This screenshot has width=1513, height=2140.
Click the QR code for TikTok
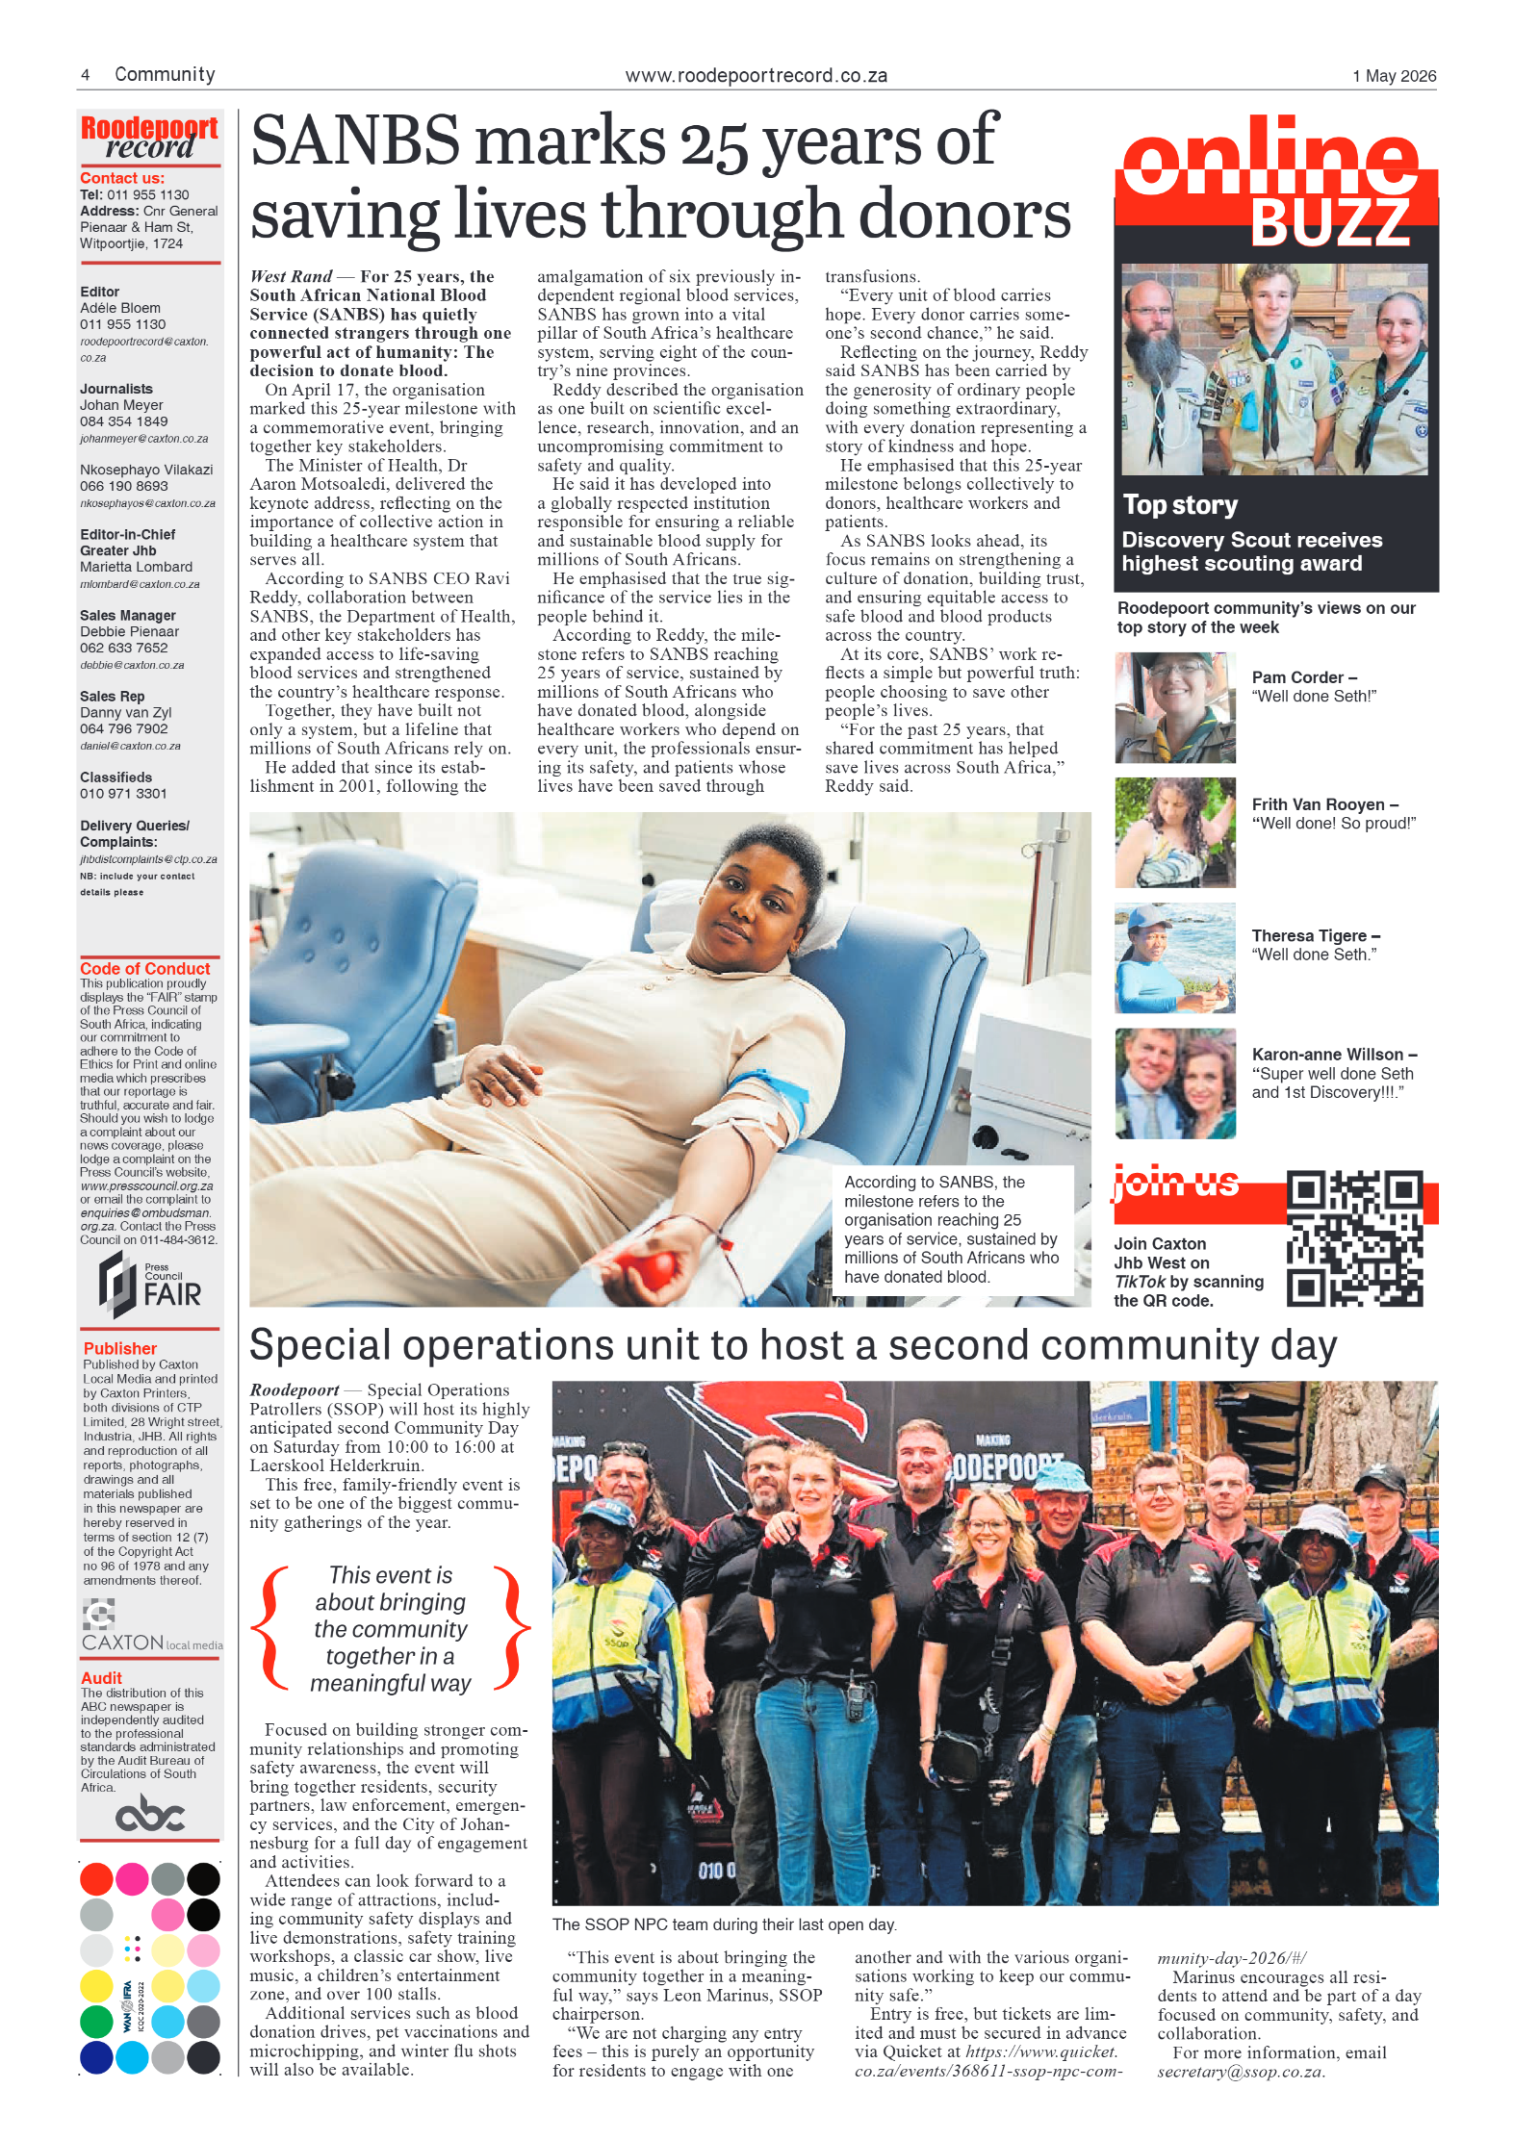tap(1353, 1237)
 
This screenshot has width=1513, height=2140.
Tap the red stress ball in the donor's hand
tap(648, 1269)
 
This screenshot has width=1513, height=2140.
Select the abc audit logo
tap(149, 1814)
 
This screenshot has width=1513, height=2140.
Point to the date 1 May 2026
tap(1394, 76)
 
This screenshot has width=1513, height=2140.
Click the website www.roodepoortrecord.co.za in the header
tap(756, 76)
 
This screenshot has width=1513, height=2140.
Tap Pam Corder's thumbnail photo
tap(1174, 707)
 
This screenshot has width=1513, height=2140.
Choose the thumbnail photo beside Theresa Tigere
tap(1174, 957)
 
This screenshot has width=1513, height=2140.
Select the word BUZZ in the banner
tap(1330, 224)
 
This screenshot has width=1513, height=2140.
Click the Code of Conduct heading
tap(144, 968)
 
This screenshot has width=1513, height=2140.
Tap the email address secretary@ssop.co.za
tap(1240, 2072)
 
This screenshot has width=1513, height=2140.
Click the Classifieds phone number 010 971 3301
tap(123, 794)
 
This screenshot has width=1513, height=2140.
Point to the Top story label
tap(1180, 505)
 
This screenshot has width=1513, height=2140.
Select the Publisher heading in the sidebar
tap(119, 1348)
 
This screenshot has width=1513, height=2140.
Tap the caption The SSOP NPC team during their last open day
tap(724, 1924)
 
